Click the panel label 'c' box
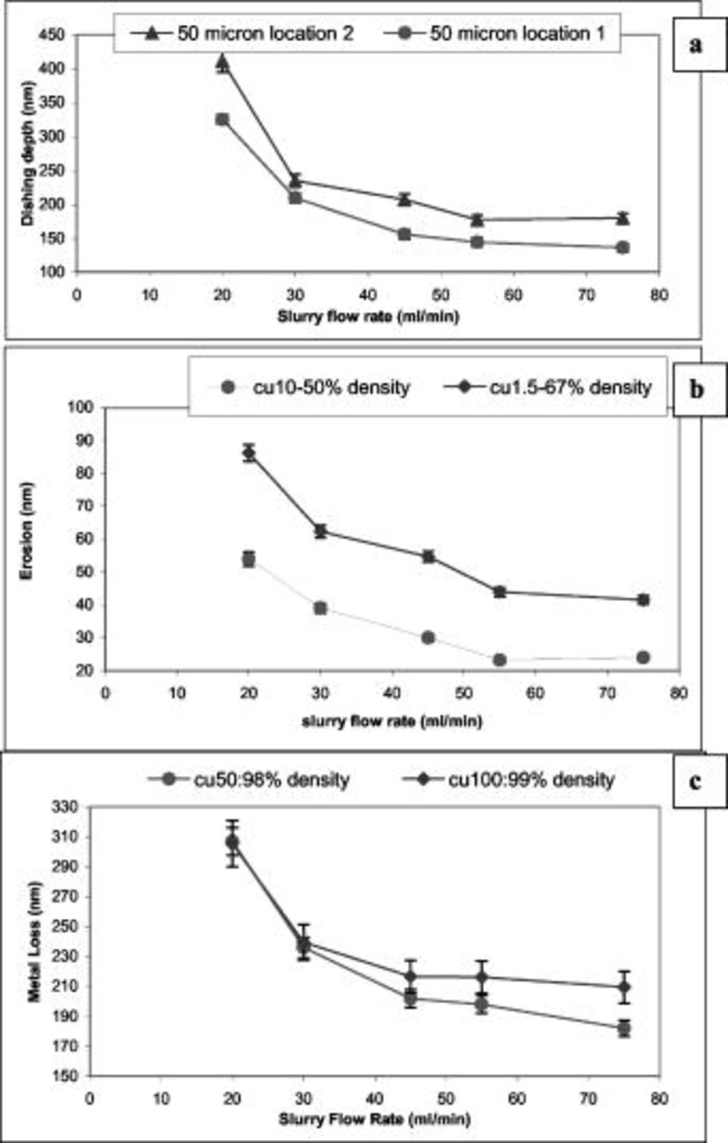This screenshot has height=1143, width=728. click(x=696, y=780)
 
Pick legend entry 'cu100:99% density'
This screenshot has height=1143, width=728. click(x=509, y=780)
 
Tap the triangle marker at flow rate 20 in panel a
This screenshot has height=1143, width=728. click(x=222, y=62)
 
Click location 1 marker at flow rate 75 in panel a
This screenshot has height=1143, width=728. click(x=623, y=248)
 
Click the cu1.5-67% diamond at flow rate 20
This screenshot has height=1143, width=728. click(x=249, y=453)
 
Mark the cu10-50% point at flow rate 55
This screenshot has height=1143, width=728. click(x=500, y=660)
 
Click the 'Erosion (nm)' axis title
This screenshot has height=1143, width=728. click(x=27, y=531)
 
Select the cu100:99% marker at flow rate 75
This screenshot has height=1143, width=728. click(x=624, y=987)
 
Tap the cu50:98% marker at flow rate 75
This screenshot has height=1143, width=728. click(x=624, y=1028)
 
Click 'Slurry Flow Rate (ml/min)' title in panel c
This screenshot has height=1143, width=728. click(x=374, y=1118)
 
